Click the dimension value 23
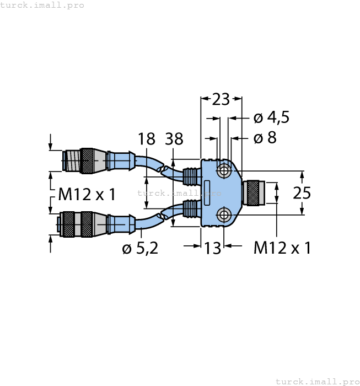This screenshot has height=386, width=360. [221, 99]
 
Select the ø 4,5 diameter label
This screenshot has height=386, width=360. [271, 117]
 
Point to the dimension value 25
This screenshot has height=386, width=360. [302, 193]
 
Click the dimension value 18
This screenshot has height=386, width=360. [147, 139]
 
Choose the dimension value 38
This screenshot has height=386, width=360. [174, 139]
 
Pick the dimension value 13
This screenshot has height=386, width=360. [212, 248]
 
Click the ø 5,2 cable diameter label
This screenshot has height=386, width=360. [140, 249]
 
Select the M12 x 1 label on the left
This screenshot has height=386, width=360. [87, 194]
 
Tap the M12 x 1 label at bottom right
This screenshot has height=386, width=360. [282, 248]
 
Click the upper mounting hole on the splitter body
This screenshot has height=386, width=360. [224, 171]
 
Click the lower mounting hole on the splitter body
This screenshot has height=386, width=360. [224, 215]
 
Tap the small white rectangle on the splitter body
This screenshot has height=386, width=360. [207, 189]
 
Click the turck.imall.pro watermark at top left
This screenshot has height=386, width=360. [42, 5]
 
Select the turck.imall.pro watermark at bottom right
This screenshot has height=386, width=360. [316, 381]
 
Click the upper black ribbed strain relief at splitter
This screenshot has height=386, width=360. [190, 176]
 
